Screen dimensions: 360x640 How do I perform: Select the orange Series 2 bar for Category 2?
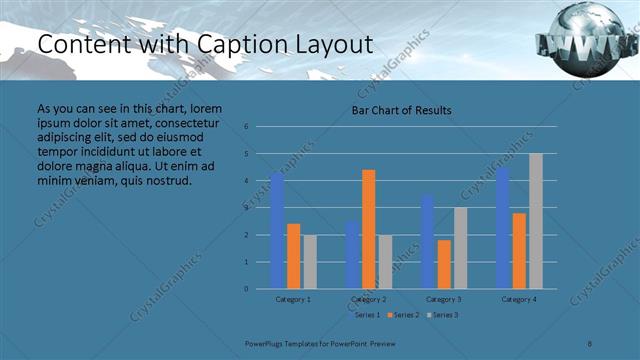click(x=368, y=229)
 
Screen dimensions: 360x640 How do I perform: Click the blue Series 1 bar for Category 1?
click(x=277, y=231)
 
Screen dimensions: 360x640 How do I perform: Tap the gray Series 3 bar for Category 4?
click(x=536, y=221)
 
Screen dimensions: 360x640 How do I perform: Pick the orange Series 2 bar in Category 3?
click(x=443, y=264)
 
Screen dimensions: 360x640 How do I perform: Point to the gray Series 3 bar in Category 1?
click(x=309, y=261)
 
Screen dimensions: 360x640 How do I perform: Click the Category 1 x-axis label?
click(x=293, y=299)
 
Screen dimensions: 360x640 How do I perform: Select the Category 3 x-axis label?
click(x=443, y=299)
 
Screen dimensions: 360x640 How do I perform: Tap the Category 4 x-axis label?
click(x=519, y=299)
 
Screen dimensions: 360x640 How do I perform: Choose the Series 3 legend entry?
click(x=442, y=315)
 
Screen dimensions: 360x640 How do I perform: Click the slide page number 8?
click(x=590, y=342)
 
